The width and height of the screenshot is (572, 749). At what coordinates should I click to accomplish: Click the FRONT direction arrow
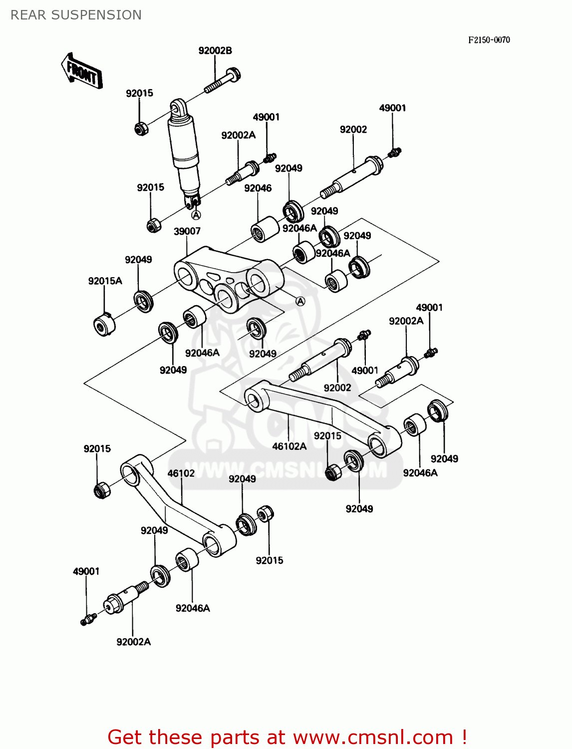click(82, 71)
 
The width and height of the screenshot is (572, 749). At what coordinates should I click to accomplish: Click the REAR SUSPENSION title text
click(76, 15)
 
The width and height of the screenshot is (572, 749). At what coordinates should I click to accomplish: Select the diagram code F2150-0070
click(489, 40)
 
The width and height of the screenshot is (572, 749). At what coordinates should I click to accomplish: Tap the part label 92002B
click(215, 50)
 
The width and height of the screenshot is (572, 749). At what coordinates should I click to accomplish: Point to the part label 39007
click(187, 231)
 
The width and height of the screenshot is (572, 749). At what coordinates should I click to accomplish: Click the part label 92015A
click(105, 281)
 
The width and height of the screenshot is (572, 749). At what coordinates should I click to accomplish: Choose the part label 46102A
click(289, 446)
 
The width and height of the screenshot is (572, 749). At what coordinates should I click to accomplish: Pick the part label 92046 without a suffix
click(258, 188)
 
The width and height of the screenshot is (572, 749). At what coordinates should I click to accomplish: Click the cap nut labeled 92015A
click(104, 325)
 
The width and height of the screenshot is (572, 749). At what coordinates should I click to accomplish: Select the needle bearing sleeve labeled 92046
click(264, 229)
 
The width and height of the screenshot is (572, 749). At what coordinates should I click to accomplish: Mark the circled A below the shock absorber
click(196, 215)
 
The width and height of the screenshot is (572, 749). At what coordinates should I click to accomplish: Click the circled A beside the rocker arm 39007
click(300, 301)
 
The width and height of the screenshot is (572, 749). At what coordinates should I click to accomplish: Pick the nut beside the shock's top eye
click(141, 129)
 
